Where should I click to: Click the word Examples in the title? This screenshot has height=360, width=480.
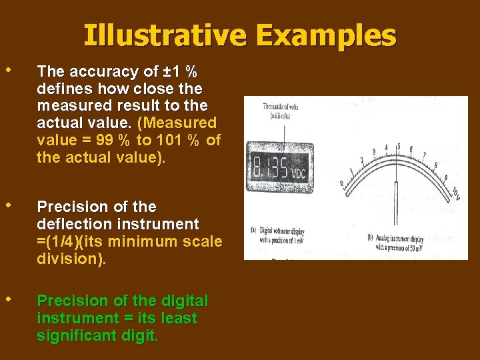click(x=327, y=35)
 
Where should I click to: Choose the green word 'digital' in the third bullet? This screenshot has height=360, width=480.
click(x=183, y=301)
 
